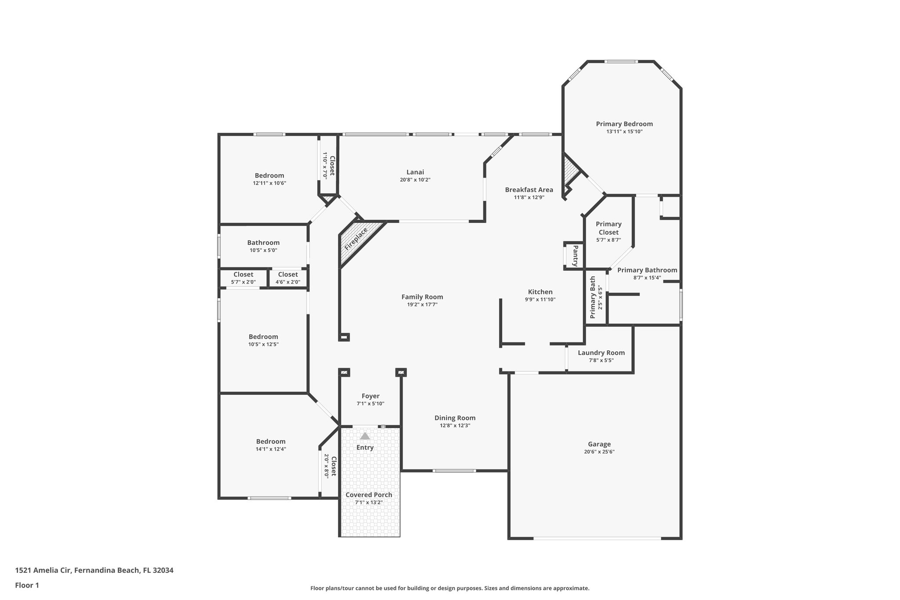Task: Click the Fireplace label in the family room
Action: tap(356, 239)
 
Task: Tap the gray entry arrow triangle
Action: tap(365, 436)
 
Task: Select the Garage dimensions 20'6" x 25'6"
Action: tap(599, 451)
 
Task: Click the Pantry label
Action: tap(574, 255)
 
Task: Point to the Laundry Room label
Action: tap(601, 353)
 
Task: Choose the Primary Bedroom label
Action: tap(624, 124)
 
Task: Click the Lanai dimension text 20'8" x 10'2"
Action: tap(415, 180)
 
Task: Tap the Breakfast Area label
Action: tap(529, 190)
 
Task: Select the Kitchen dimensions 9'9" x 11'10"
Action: tap(540, 299)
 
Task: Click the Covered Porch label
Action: tap(369, 495)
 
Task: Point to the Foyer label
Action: tap(370, 396)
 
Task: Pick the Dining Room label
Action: tap(455, 418)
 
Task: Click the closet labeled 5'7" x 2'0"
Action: tap(243, 278)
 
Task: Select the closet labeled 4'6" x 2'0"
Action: tap(288, 278)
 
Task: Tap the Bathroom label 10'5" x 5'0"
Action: tap(263, 246)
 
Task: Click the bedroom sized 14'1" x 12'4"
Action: tap(271, 445)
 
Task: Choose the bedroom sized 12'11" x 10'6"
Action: tap(269, 179)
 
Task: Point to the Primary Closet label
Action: tap(608, 228)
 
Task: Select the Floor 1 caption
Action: tap(27, 585)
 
